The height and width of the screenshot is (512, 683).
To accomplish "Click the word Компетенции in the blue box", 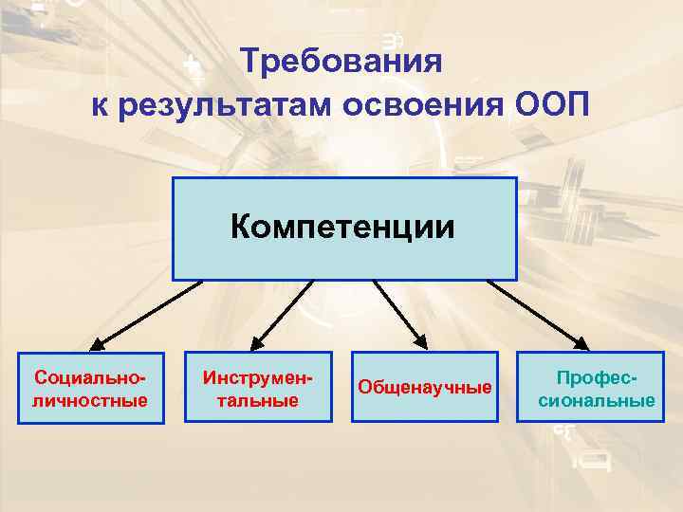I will [x=342, y=228].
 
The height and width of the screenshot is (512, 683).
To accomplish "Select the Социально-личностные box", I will [x=90, y=387].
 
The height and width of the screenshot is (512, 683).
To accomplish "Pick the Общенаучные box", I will [x=424, y=387].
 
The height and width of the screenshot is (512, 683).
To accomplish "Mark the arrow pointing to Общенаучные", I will [x=398, y=312].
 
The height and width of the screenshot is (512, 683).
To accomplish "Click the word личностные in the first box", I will [x=90, y=400].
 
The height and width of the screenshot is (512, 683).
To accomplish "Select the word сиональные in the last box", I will [x=597, y=400].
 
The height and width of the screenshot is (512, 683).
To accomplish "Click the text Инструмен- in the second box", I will [x=257, y=377].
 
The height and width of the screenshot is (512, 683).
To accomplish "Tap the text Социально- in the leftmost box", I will [x=90, y=377].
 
